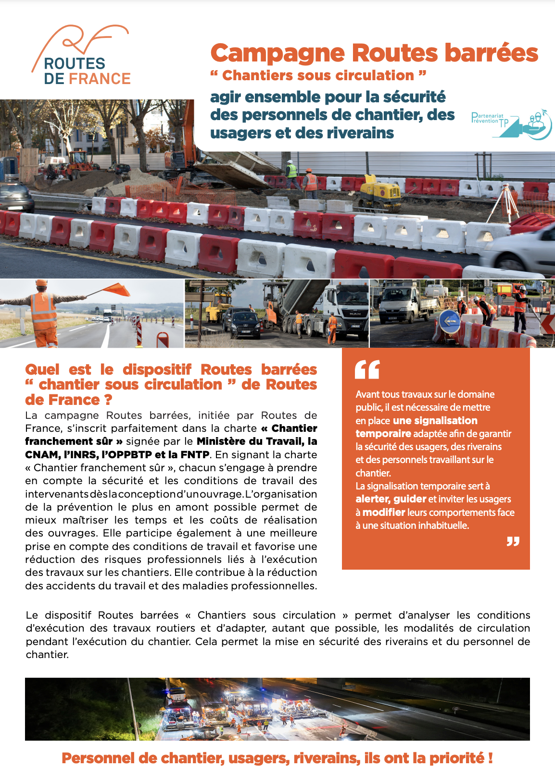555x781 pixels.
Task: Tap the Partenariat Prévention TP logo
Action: click(x=511, y=124)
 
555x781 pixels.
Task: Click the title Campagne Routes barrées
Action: click(x=374, y=53)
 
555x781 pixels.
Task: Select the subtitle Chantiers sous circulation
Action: click(x=318, y=75)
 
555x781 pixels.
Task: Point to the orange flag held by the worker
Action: click(x=116, y=289)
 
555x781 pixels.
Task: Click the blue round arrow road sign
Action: click(x=449, y=321)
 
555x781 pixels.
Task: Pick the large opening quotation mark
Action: click(x=367, y=369)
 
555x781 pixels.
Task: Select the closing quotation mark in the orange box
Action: click(x=513, y=542)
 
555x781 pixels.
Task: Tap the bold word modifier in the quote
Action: click(x=383, y=513)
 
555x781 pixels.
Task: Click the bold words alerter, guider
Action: click(x=391, y=499)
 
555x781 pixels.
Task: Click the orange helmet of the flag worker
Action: click(x=42, y=283)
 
